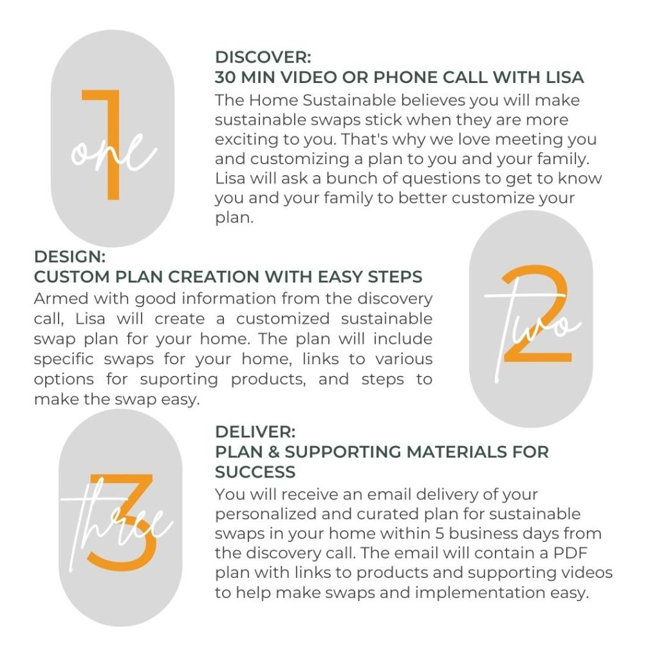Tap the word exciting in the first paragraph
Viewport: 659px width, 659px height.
[x=245, y=139]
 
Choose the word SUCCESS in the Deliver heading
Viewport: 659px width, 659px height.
[x=255, y=472]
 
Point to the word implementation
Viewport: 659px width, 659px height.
[x=472, y=592]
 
